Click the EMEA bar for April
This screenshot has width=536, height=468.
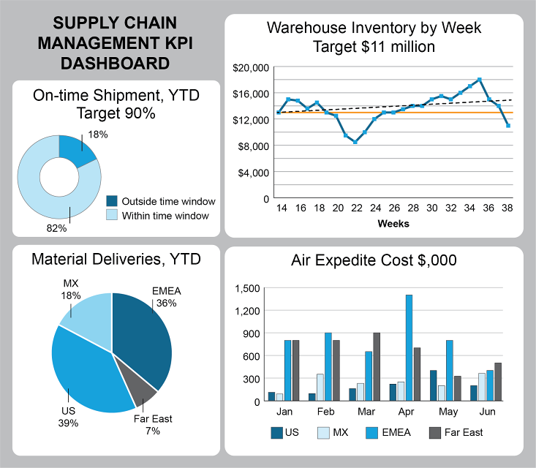click(409, 347)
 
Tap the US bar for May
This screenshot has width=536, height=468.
click(433, 385)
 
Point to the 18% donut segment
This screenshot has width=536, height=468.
click(77, 149)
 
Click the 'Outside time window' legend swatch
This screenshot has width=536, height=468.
click(112, 201)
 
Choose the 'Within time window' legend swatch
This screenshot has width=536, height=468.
click(112, 216)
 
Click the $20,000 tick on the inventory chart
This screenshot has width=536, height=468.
click(251, 68)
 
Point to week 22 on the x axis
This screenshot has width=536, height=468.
click(355, 208)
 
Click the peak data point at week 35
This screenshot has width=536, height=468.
click(479, 79)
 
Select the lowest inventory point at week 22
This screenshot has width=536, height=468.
click(355, 142)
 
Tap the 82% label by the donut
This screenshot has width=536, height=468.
click(56, 228)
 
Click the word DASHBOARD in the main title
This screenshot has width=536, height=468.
click(116, 64)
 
